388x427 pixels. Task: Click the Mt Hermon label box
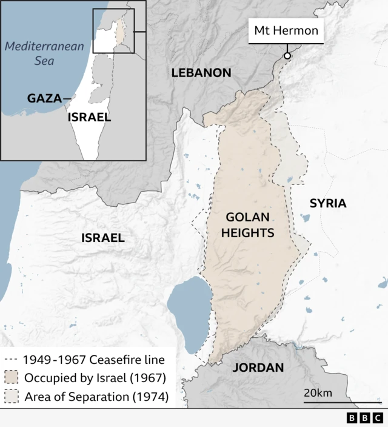click(x=286, y=31)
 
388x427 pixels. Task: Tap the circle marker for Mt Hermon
click(x=287, y=56)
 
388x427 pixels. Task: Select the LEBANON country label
click(x=201, y=73)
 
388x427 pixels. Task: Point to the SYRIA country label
click(x=328, y=203)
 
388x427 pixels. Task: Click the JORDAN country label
click(x=258, y=368)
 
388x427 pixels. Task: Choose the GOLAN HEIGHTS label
click(x=250, y=224)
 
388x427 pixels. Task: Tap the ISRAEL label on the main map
click(x=103, y=238)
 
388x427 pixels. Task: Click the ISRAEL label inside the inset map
click(x=89, y=117)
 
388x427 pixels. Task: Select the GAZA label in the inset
click(x=44, y=98)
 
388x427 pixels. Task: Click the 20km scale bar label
click(x=318, y=393)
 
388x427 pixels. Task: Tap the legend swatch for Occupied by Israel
click(x=12, y=378)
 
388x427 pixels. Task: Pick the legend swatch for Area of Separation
click(x=12, y=398)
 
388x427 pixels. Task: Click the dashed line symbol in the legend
click(x=12, y=360)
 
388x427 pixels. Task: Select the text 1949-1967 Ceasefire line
click(x=93, y=360)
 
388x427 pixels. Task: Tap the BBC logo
click(x=364, y=418)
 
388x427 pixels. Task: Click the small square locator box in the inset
click(x=113, y=32)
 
